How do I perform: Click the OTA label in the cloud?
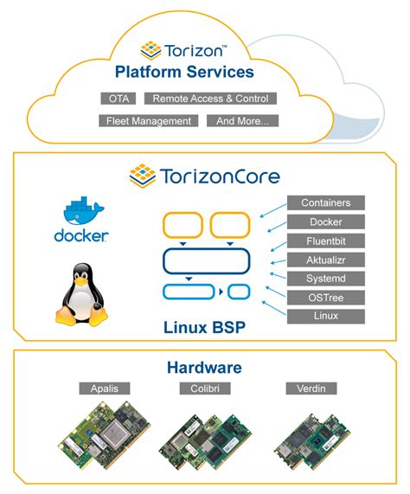click(117, 99)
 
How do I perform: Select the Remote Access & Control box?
click(210, 99)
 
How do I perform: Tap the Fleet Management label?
click(148, 121)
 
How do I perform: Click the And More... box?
click(247, 121)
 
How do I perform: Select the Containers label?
click(326, 202)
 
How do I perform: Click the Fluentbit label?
click(326, 241)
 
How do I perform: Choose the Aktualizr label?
click(326, 260)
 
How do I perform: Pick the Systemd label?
click(326, 279)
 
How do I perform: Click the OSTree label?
click(326, 298)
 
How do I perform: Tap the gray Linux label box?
click(326, 316)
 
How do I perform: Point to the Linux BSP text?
click(204, 328)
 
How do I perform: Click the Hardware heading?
click(204, 368)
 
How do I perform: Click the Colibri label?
click(204, 388)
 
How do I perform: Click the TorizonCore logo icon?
click(143, 176)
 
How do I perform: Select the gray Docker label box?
click(326, 221)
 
